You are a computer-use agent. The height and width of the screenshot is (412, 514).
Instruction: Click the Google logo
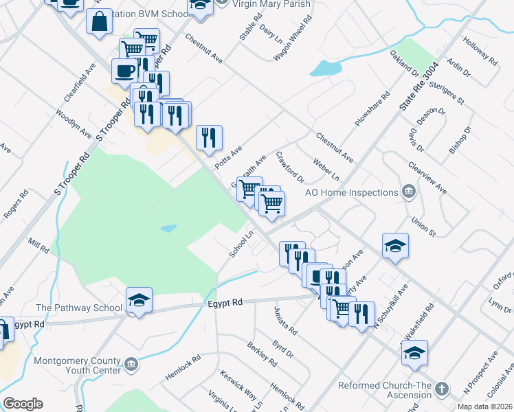click(x=23, y=404)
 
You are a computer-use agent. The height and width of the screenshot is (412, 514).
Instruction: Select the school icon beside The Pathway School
click(x=139, y=300)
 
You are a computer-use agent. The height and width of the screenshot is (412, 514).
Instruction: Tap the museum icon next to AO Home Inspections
click(x=409, y=190)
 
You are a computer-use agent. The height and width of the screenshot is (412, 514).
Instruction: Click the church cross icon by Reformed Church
click(x=441, y=389)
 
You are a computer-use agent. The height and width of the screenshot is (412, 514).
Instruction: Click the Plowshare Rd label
click(x=372, y=108)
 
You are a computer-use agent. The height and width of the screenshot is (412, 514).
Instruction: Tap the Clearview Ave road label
click(x=427, y=177)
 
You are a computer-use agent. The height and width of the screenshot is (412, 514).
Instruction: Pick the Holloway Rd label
click(x=480, y=51)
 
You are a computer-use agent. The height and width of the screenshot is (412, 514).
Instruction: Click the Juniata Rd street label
click(x=285, y=321)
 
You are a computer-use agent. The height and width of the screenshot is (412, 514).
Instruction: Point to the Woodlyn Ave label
click(x=74, y=122)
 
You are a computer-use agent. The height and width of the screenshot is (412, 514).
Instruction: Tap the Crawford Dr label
click(x=290, y=168)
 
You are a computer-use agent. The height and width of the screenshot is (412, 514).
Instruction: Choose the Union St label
click(x=423, y=227)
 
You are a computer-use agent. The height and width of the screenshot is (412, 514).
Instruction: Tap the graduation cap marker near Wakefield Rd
click(x=414, y=352)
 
